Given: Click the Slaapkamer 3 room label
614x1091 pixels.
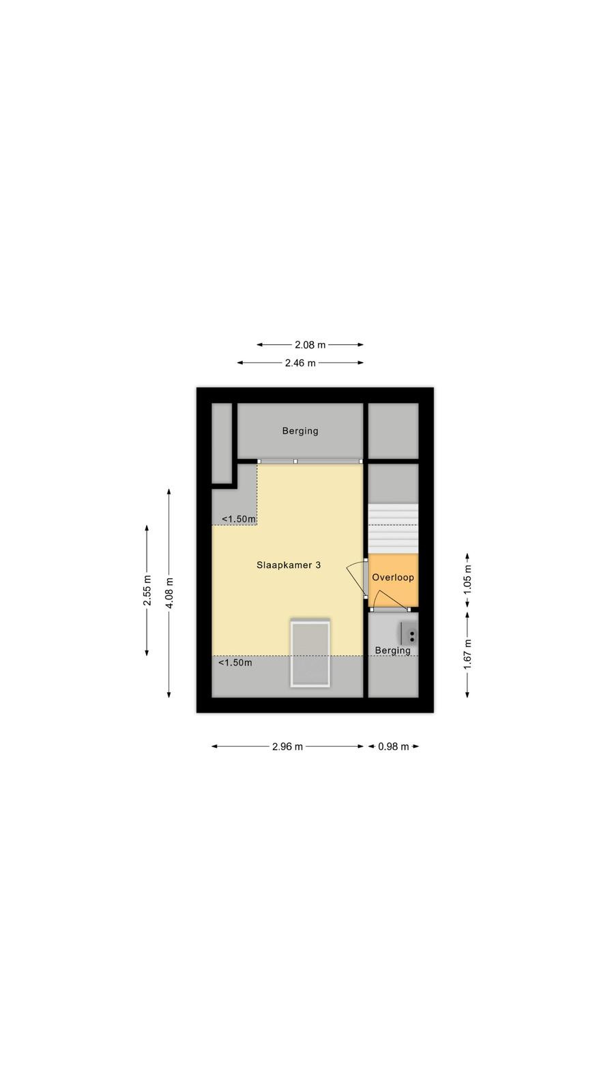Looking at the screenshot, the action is [289, 565].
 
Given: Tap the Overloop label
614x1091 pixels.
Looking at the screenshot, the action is [393, 577].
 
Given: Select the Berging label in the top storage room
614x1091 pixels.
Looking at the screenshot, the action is [300, 431].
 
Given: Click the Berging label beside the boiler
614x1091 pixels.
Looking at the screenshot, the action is [393, 651].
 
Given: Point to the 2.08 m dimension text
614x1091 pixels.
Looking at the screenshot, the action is [310, 345].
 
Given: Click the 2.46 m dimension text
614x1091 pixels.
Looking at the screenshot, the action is [300, 363].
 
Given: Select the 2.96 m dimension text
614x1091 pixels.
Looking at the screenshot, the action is [287, 747].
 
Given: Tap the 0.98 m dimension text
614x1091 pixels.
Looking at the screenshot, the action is [393, 747].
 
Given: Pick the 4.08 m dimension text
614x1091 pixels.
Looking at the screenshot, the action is [169, 593].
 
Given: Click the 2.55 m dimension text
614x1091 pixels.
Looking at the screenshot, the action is [147, 591].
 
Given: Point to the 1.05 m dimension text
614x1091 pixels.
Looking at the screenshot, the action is [467, 579].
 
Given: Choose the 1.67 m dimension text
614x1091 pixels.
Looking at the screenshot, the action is [467, 654].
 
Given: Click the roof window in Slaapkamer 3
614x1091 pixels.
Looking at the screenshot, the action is [310, 653].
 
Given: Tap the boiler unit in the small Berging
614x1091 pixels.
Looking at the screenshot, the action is [409, 633].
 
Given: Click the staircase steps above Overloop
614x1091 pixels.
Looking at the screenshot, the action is [393, 528].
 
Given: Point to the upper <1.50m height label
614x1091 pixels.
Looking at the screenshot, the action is [239, 519].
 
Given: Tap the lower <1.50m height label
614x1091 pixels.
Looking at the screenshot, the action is [235, 662].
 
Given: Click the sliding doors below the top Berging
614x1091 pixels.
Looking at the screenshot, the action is [310, 461].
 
